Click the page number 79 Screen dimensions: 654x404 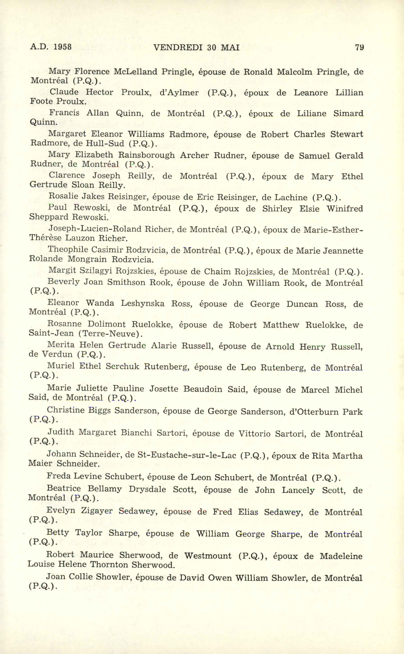pos(359,47)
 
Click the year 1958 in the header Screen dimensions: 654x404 pos(62,47)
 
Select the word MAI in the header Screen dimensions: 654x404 pos(230,47)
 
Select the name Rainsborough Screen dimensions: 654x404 pos(146,155)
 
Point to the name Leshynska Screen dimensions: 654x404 pos(142,303)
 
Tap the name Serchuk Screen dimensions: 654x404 pos(122,366)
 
